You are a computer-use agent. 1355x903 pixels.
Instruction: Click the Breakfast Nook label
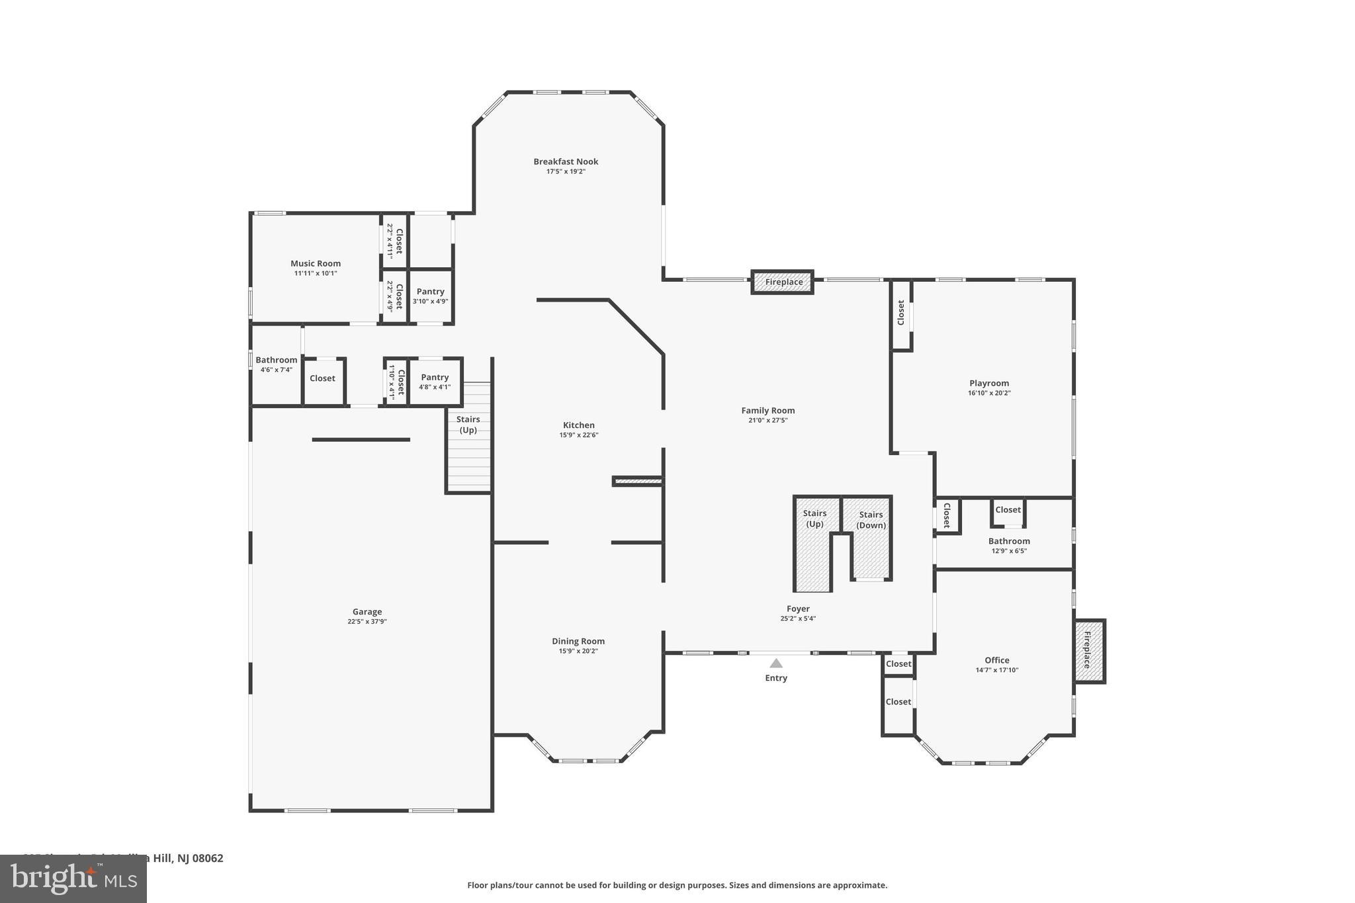pos(566,161)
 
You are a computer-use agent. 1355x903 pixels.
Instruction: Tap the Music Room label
pos(316,263)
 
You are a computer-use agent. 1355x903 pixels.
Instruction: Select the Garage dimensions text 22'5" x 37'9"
pos(367,622)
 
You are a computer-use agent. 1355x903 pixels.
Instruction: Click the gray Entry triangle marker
pos(776,664)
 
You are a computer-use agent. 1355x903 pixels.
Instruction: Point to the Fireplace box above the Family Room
pos(783,282)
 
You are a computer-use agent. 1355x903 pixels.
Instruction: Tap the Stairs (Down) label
pos(871,520)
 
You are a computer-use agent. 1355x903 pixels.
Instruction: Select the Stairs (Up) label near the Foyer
pos(814,519)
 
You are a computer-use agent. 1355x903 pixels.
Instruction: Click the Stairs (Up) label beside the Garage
pos(468,425)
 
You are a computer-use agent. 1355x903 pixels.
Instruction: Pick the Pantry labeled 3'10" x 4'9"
pos(430,296)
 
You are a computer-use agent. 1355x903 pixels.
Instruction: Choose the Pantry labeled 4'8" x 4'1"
pos(435,382)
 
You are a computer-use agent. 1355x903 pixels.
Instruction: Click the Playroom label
pos(989,383)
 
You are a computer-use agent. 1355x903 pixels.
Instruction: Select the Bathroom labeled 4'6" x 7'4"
pos(277,365)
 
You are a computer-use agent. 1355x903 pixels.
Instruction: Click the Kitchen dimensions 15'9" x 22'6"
pos(579,435)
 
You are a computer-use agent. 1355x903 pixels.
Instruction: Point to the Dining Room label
pos(578,641)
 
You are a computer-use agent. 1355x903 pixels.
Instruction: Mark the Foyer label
pos(798,609)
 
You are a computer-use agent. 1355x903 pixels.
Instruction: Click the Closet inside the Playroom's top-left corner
pos(900,313)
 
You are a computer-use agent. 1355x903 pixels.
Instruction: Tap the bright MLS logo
pos(73,879)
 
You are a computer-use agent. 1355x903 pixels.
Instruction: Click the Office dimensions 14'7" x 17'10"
pos(996,670)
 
